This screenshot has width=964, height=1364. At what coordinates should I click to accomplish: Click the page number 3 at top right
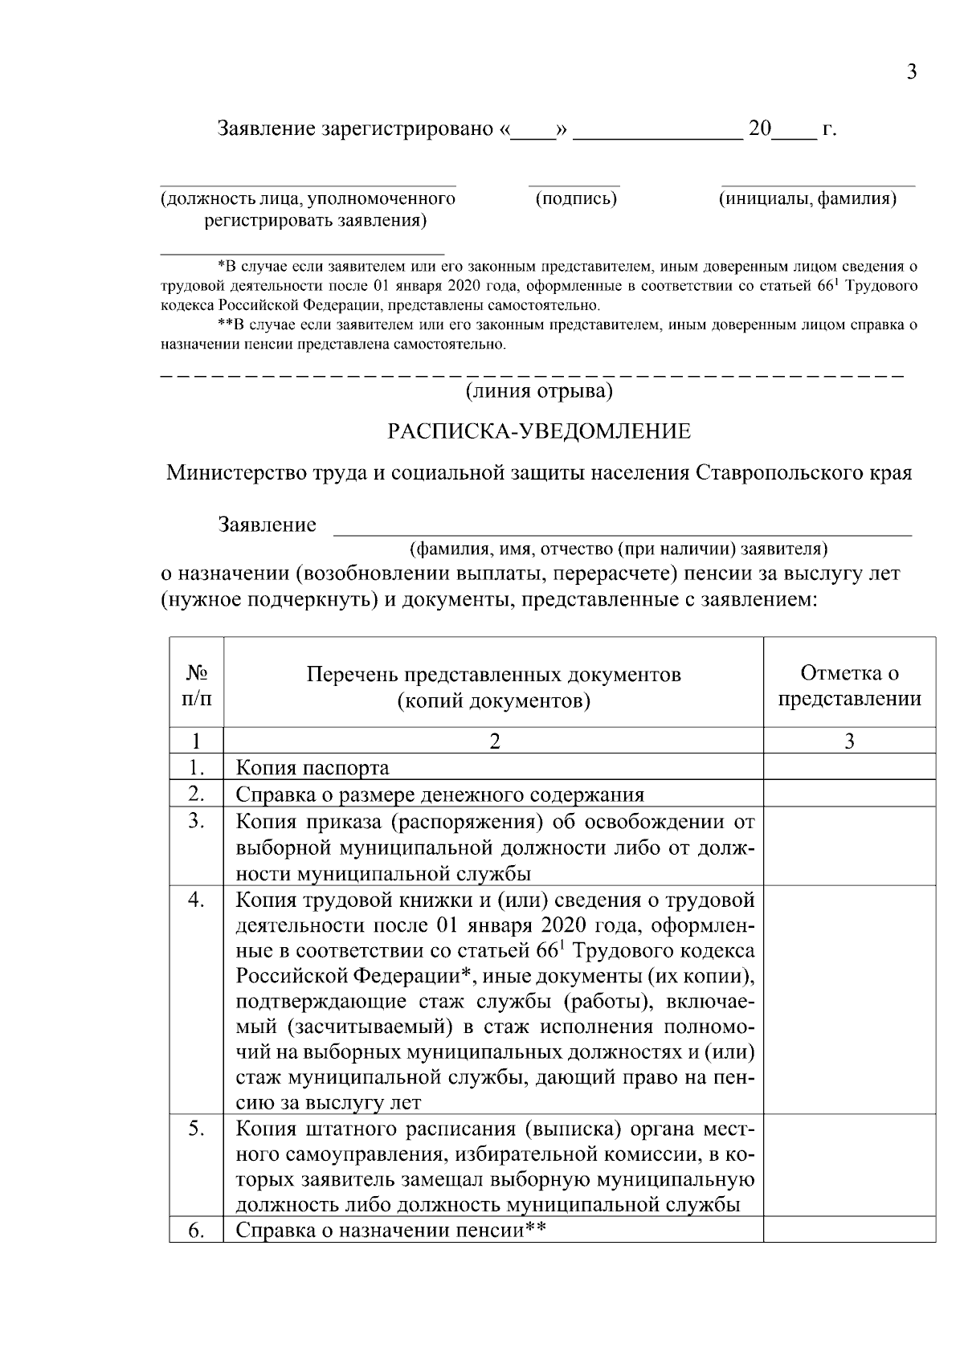click(911, 72)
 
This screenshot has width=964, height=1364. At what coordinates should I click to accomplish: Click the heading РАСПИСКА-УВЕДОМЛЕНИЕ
click(539, 431)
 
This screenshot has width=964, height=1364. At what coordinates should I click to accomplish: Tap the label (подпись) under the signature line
click(576, 198)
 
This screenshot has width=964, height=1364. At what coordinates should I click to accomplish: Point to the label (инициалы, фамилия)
click(807, 198)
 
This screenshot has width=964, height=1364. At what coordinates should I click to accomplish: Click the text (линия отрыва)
click(539, 391)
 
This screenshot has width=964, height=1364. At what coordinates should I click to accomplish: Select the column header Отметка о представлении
click(849, 685)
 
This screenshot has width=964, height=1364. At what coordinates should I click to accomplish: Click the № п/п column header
click(197, 685)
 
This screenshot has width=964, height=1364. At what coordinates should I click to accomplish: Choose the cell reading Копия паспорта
click(312, 768)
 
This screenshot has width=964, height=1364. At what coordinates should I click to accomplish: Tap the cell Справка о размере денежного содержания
click(440, 794)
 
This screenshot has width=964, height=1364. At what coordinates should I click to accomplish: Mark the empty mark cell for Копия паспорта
click(849, 767)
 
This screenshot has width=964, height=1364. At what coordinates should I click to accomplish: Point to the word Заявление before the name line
click(268, 525)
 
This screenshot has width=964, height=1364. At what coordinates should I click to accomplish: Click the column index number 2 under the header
click(494, 741)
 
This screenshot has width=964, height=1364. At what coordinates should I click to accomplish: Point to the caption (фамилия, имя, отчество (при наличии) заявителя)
click(619, 549)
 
